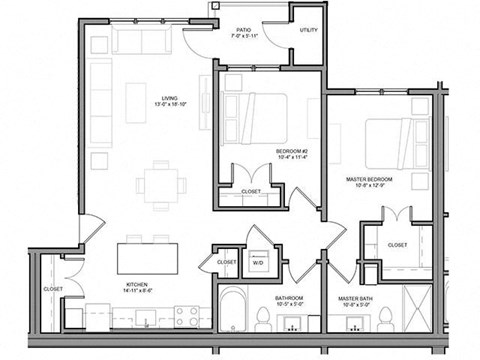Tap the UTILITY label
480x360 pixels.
click(x=307, y=31)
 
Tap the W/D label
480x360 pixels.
click(x=259, y=264)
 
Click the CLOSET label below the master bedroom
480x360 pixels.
click(x=397, y=245)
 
